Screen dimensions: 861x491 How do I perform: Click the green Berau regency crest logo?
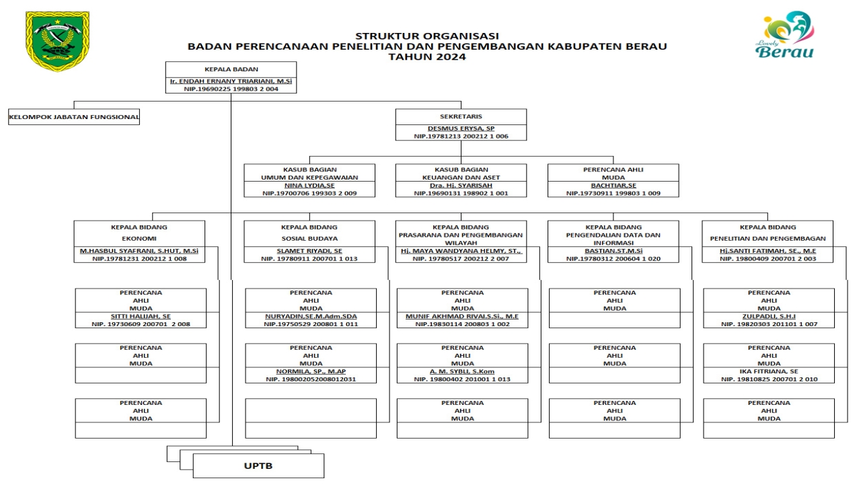pos(58,41)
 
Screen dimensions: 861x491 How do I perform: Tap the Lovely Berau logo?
pos(785,34)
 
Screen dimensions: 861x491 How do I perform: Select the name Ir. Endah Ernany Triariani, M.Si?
pos(231,81)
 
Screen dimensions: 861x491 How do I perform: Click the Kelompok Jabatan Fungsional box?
pos(74,117)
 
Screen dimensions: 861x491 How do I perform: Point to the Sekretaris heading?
pos(461,116)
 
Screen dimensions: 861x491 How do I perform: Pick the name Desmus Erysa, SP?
pos(461,128)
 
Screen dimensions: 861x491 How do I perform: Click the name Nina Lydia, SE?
pos(309,186)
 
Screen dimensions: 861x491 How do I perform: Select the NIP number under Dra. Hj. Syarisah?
pos(461,193)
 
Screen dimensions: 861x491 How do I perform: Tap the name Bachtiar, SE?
pos(613,186)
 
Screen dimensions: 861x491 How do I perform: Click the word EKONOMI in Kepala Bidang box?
pos(139,239)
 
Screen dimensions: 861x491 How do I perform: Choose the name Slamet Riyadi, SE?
pos(309,251)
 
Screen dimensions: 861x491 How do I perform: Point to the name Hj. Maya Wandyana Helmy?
pos(461,251)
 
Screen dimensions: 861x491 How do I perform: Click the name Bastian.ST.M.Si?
pos(613,251)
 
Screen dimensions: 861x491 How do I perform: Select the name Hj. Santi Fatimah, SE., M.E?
pos(768,251)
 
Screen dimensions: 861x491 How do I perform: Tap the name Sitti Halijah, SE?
pos(141,316)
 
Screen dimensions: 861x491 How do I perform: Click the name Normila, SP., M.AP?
pos(311,371)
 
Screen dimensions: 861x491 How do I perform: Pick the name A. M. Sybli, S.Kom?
pos(462,371)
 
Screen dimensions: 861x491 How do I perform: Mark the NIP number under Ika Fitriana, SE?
pos(769,379)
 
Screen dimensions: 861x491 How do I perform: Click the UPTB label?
pos(258,466)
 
